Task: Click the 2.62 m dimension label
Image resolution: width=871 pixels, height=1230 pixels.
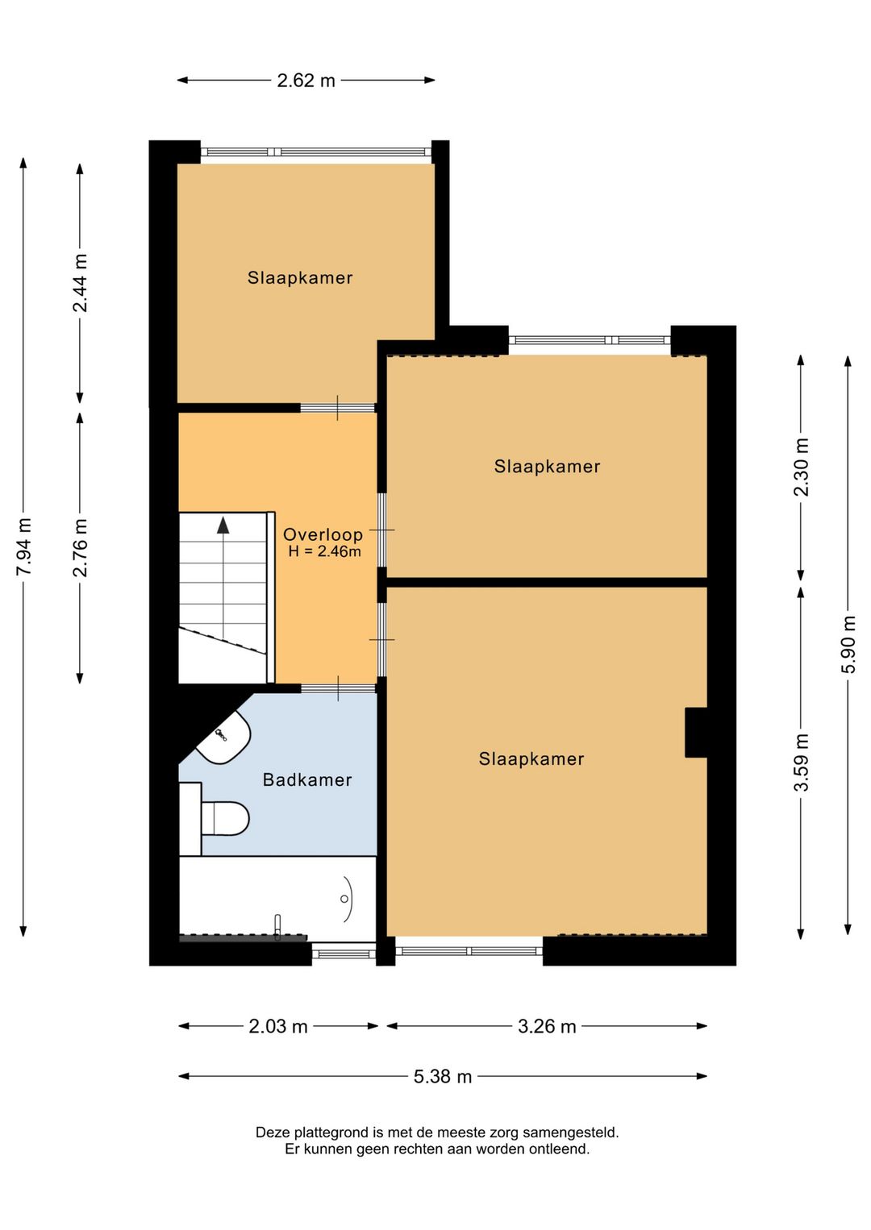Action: [306, 81]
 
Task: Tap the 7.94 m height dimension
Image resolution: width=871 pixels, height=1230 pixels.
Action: [23, 546]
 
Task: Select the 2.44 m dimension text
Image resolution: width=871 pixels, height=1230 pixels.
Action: [80, 283]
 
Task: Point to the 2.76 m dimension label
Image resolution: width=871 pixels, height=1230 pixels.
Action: [80, 547]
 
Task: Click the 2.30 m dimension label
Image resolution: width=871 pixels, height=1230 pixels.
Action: [801, 467]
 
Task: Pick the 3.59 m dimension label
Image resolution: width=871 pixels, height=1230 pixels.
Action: [801, 763]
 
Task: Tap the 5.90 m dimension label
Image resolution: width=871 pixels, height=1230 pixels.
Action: [848, 645]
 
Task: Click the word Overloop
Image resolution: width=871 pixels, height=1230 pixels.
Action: [323, 534]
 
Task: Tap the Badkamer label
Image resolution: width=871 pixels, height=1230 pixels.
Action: [307, 779]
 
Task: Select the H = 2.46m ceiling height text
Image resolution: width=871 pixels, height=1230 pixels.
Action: [325, 551]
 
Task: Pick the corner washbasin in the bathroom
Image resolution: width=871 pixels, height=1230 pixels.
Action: [223, 737]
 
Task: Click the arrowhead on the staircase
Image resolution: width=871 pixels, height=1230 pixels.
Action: [223, 526]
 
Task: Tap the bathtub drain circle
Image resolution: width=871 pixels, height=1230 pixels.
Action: [344, 899]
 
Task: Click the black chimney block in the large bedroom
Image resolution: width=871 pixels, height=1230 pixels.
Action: [696, 733]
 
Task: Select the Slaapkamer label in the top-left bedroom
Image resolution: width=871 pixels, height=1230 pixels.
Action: [300, 278]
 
